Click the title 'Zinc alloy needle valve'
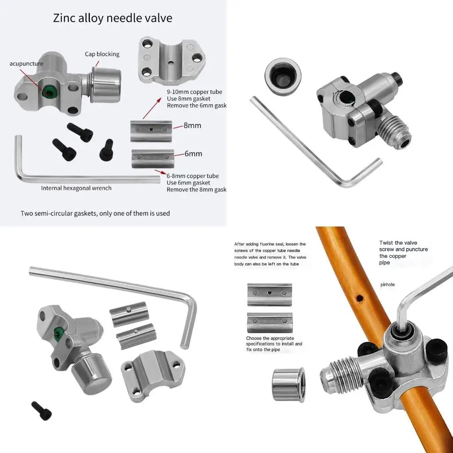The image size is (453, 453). (112, 18)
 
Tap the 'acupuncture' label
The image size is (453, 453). (27, 64)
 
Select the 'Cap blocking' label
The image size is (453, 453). (102, 54)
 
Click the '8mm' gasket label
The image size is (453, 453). (192, 126)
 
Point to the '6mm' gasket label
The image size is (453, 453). (193, 154)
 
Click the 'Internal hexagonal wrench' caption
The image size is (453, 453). (76, 188)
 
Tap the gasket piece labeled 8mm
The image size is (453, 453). (151, 131)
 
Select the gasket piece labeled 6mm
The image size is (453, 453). (153, 158)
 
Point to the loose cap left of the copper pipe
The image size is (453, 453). (288, 384)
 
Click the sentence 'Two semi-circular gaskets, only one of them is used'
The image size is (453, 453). (95, 213)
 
